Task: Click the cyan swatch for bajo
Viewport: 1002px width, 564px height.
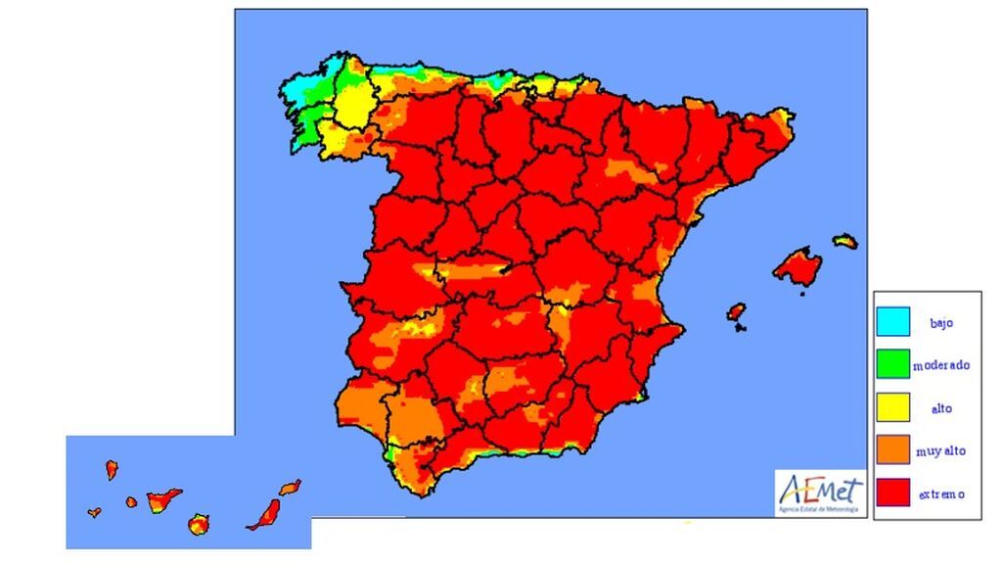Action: pyautogui.click(x=892, y=321)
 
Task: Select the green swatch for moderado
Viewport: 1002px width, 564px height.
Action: pyautogui.click(x=892, y=364)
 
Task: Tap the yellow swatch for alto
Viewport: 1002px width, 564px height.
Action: pyautogui.click(x=892, y=407)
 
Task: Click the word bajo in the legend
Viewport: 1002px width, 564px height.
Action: pyautogui.click(x=940, y=322)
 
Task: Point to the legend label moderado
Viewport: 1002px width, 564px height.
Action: pyautogui.click(x=941, y=365)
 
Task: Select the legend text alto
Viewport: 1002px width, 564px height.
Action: pyautogui.click(x=940, y=408)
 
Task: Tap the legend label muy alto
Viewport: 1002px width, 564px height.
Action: pyautogui.click(x=941, y=451)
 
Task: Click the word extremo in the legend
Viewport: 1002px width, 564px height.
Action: pyautogui.click(x=941, y=494)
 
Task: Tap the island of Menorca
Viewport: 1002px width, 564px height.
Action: pyautogui.click(x=844, y=240)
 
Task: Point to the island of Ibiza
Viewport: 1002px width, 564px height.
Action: pyautogui.click(x=737, y=312)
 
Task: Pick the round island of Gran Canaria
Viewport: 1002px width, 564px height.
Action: pyautogui.click(x=200, y=524)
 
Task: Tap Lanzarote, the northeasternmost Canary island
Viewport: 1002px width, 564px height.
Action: pyautogui.click(x=290, y=487)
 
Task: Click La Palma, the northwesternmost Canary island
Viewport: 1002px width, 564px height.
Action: pyautogui.click(x=112, y=470)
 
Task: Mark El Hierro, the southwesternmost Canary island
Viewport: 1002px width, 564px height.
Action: pyautogui.click(x=94, y=512)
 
